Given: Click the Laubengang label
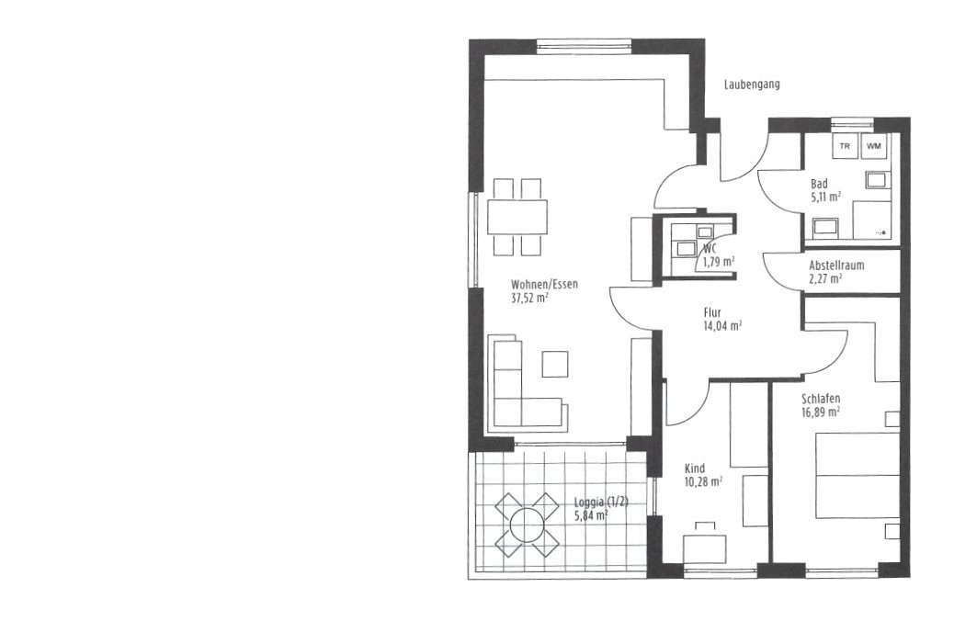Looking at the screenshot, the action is (752, 85).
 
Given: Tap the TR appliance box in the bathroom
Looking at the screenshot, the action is (845, 146).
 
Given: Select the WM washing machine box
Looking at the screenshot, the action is (873, 146).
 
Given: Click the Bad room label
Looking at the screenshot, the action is (819, 184).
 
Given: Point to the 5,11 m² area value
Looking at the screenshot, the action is (825, 197).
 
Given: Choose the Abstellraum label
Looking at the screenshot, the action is (836, 265).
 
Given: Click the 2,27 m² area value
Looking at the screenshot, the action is (825, 278).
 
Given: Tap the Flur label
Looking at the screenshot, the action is (712, 312).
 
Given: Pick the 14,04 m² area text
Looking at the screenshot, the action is (722, 325).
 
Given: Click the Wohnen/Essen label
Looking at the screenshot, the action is (544, 284).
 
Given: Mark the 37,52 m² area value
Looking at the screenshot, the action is (530, 298).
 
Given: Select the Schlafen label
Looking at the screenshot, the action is (821, 399).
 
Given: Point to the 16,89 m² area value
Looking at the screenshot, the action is (821, 412).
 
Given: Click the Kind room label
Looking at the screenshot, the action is (695, 469).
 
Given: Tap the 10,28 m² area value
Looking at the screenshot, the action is (704, 481).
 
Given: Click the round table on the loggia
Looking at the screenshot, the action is (527, 525).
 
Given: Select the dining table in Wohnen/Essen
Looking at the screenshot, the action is (517, 217).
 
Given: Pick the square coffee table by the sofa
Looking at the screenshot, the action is (555, 364).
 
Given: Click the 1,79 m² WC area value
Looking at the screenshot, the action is (719, 262).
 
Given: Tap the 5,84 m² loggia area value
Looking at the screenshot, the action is (591, 515).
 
